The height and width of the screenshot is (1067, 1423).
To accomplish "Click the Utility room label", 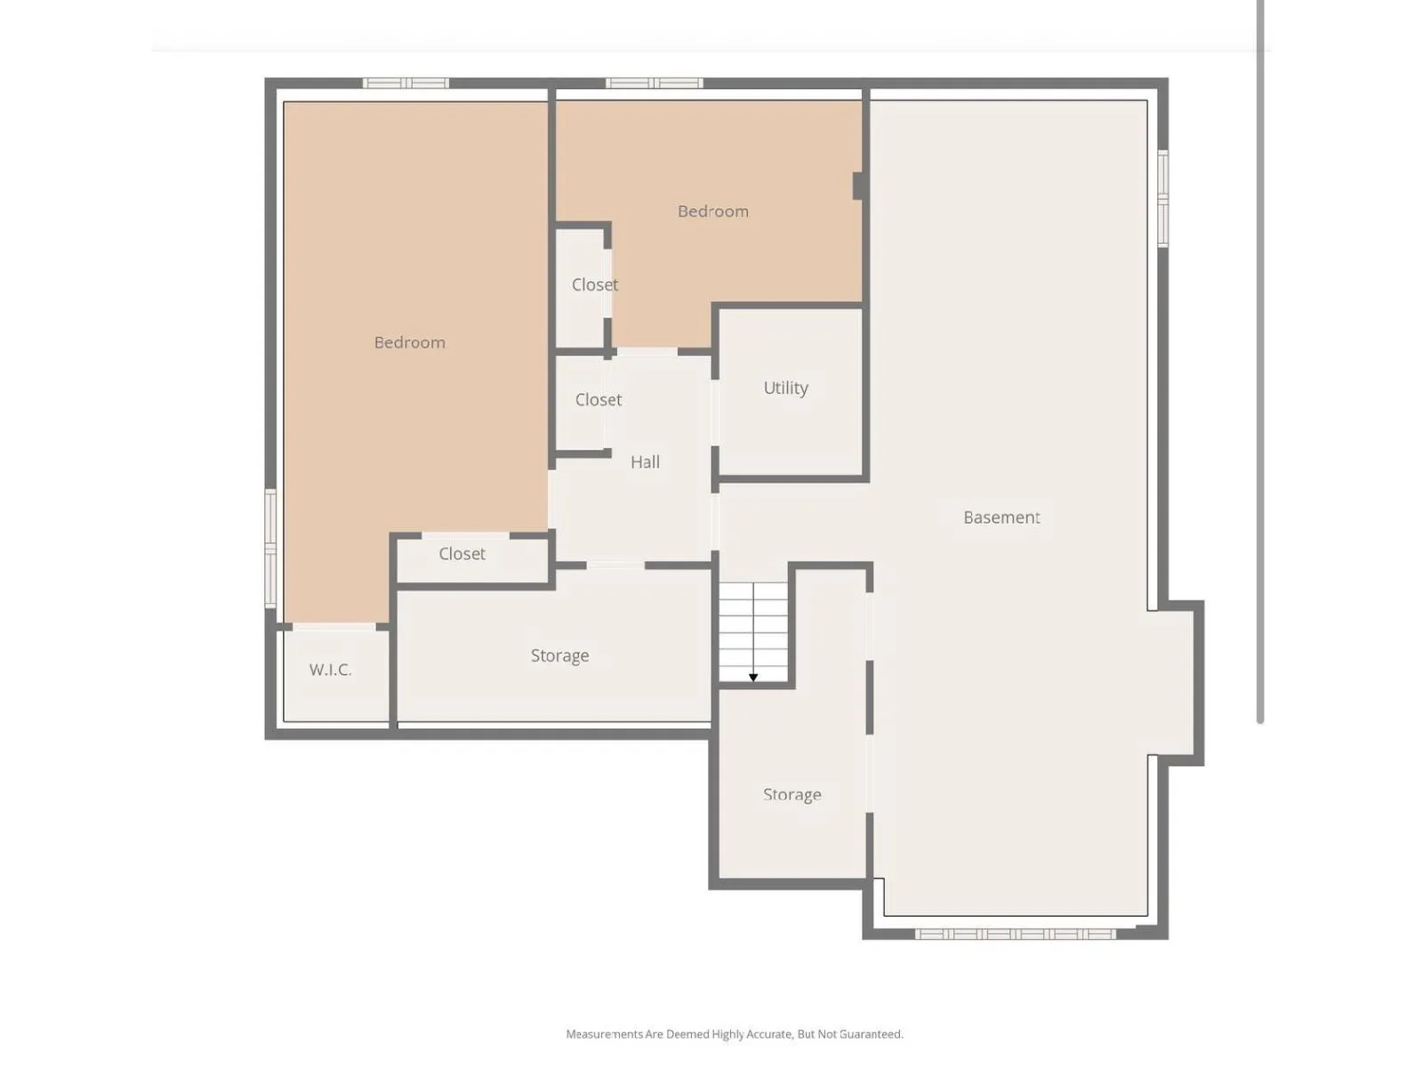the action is [x=785, y=388].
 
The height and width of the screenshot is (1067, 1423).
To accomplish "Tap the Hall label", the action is [x=645, y=461].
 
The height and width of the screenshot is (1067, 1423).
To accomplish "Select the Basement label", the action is [x=1001, y=517].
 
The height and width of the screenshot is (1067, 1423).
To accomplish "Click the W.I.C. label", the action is [x=330, y=670].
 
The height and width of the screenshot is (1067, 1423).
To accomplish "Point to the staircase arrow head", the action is [x=752, y=678].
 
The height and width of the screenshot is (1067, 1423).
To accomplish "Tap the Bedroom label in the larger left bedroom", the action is [x=409, y=342].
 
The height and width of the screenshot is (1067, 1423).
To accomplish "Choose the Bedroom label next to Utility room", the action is [x=712, y=212].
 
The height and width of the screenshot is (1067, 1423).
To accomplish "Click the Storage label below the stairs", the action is [x=792, y=795].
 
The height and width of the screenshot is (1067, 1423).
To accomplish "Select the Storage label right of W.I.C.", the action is [x=559, y=655].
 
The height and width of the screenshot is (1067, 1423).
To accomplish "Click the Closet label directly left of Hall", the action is [x=598, y=400].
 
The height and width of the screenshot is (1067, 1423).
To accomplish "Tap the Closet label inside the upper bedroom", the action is [x=594, y=285].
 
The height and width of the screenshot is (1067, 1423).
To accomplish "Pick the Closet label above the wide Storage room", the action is [x=462, y=554].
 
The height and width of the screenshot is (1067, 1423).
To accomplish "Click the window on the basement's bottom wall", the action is [x=1016, y=934].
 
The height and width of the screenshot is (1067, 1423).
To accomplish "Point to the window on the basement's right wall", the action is [x=1163, y=198].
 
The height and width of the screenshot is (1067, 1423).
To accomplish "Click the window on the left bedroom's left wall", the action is [x=270, y=548].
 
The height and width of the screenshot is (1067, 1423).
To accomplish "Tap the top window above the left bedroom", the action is [x=406, y=83].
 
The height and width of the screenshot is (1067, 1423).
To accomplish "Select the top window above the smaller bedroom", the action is [x=654, y=83].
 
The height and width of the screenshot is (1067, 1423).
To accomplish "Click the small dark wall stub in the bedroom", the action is [x=857, y=186].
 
